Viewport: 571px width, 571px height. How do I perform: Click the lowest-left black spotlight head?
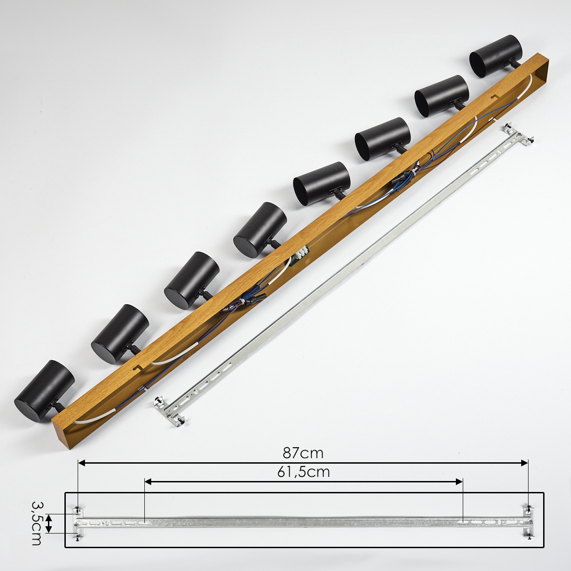coord(44,391)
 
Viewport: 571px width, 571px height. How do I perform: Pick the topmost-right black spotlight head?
coord(496,56)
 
